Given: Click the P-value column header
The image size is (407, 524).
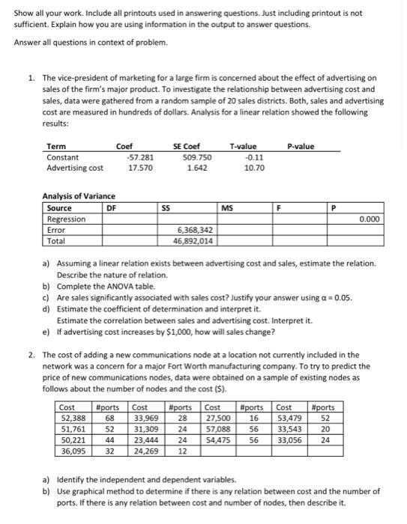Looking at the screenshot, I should [301, 147].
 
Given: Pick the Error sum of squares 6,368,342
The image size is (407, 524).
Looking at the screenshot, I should [196, 231].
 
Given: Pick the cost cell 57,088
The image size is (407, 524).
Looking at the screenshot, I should [218, 428].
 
